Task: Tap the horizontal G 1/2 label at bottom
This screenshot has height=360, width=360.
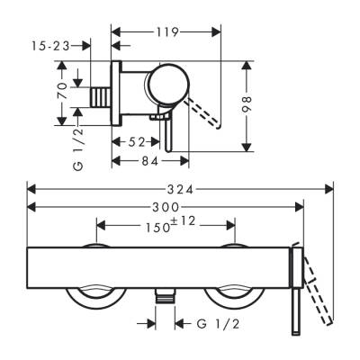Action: pos(208,321)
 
